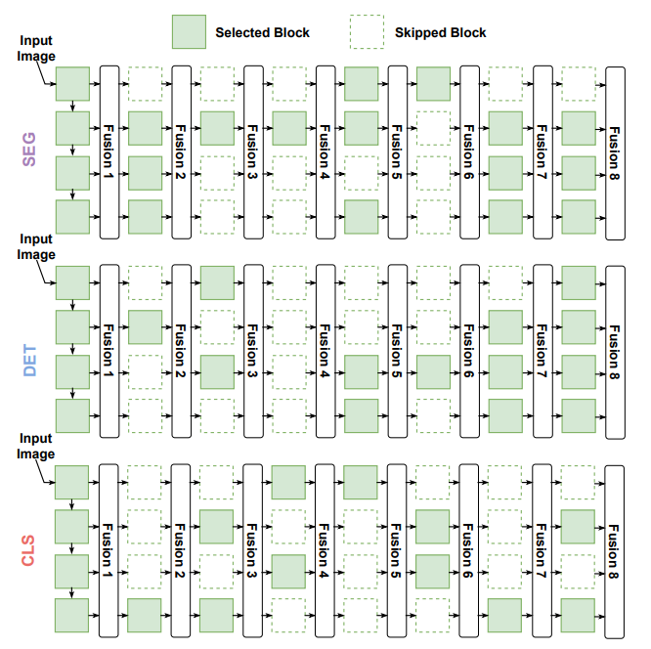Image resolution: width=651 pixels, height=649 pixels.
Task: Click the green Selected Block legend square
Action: click(190, 32)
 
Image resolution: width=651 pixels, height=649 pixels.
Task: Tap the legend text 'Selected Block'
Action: click(262, 32)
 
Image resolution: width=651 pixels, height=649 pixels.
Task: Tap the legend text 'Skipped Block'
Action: click(440, 32)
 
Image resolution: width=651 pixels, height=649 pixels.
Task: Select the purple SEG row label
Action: click(28, 151)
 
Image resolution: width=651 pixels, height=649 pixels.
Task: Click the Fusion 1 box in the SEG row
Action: click(109, 151)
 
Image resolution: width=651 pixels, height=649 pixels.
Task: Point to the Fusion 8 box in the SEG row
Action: click(615, 151)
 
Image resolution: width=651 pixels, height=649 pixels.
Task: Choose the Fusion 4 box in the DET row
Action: click(325, 351)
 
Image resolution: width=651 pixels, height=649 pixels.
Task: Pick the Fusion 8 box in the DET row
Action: click(615, 351)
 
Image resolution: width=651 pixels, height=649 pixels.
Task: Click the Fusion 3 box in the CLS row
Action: click(253, 550)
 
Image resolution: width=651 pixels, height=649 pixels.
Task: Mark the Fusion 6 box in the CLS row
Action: click(470, 550)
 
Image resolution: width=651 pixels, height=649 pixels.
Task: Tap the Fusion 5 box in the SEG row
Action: click(398, 151)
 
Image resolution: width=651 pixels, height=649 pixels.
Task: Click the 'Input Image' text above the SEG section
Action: click(38, 47)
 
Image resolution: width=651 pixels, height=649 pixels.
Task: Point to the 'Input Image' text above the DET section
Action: click(37, 246)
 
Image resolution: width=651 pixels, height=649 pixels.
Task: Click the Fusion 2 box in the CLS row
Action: click(181, 550)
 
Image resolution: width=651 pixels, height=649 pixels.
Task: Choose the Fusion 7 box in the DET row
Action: click(542, 351)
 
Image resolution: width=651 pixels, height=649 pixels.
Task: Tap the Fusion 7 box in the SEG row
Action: click(542, 151)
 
